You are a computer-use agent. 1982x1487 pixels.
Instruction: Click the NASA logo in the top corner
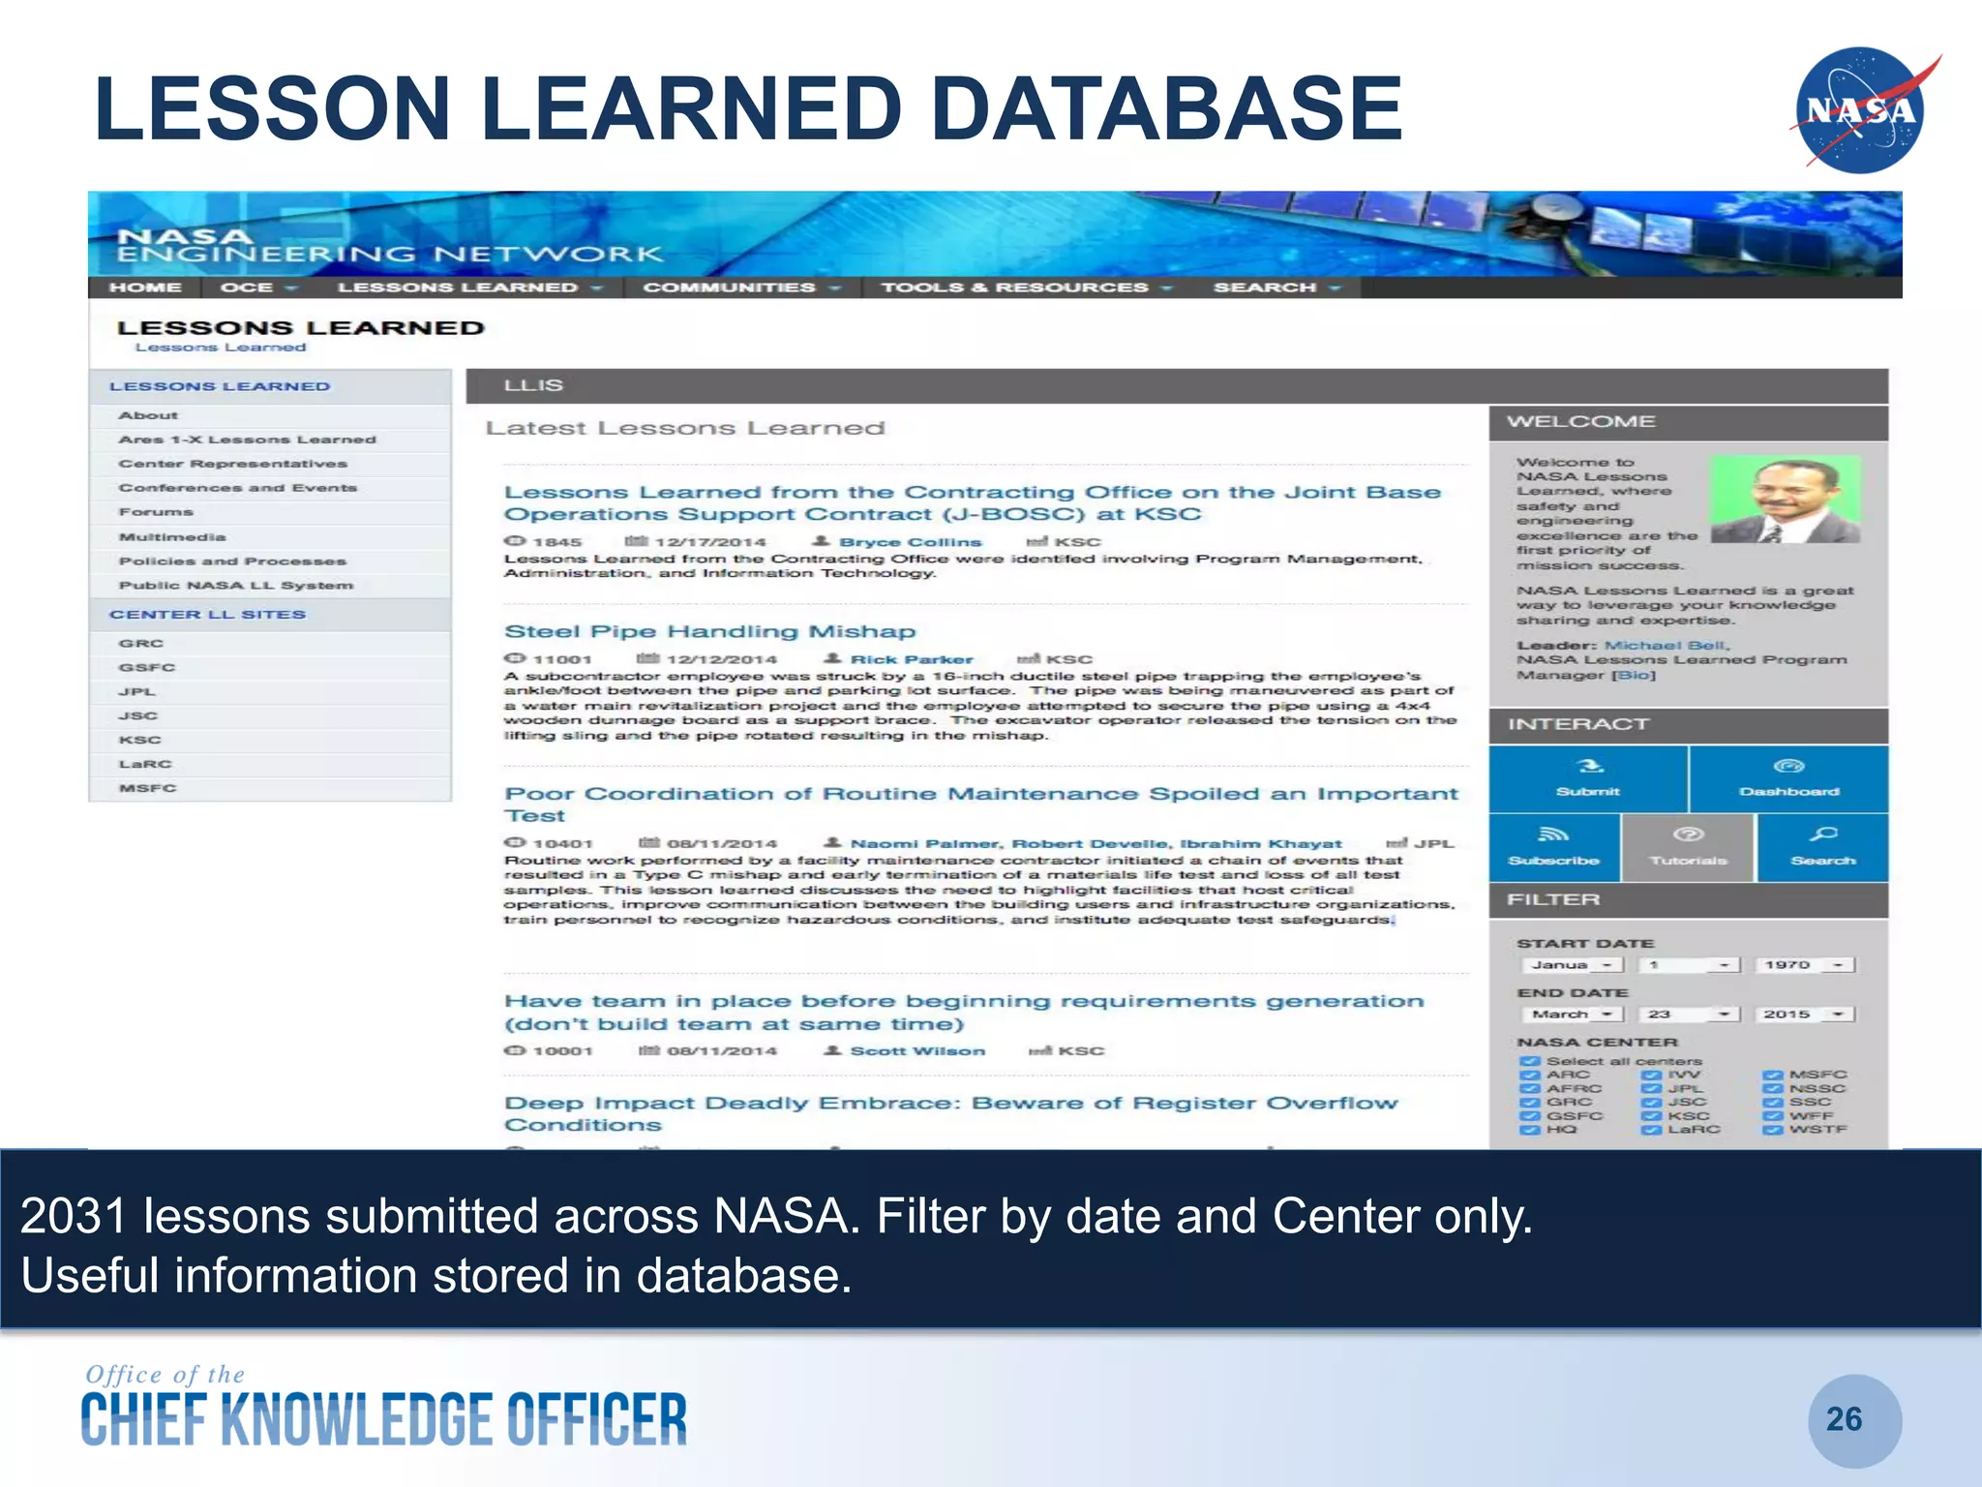coord(1861,110)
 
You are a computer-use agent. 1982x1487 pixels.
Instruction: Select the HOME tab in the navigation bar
coord(145,288)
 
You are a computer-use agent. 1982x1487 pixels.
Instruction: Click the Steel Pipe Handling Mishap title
coord(709,632)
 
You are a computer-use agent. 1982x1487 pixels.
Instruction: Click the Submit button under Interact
coord(1587,778)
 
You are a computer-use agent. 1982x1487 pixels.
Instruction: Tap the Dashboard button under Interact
coord(1788,778)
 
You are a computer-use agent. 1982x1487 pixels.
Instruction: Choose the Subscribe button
coord(1553,847)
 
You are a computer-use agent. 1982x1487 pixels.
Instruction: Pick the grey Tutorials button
coord(1688,847)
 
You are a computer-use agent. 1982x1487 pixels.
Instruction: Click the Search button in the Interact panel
coord(1822,847)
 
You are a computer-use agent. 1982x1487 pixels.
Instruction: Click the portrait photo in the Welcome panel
coord(1785,500)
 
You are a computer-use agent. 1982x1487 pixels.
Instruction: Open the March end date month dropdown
coord(1572,1015)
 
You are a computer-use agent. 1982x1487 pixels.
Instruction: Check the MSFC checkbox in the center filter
coord(1772,1076)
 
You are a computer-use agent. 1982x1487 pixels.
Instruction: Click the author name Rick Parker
coord(911,659)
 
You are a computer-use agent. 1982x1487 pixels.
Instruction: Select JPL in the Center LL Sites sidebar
coord(136,692)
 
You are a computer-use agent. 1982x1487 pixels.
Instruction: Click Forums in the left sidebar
coord(156,512)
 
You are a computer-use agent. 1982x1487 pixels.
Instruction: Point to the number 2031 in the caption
coord(74,1216)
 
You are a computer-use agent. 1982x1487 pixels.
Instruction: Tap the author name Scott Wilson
coord(916,1051)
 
